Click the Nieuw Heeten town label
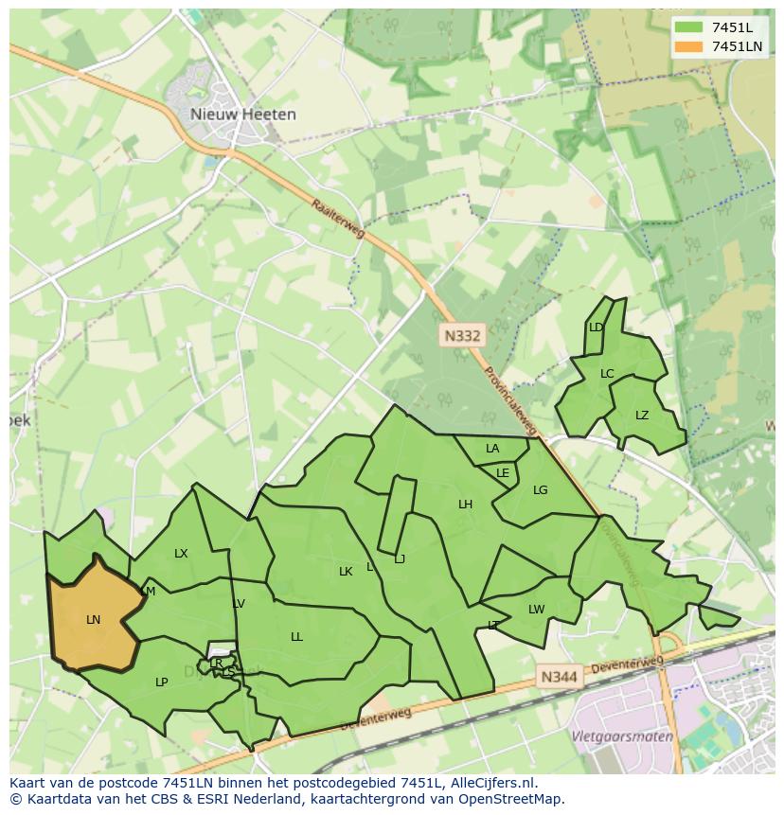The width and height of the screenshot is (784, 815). [242, 115]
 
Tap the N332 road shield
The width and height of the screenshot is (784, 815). [462, 335]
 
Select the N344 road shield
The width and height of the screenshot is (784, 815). [559, 677]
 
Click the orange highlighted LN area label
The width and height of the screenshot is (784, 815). [93, 620]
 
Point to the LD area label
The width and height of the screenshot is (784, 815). [596, 328]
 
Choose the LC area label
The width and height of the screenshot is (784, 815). [607, 373]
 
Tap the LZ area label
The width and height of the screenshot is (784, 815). [642, 416]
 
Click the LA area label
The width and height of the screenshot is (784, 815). [492, 449]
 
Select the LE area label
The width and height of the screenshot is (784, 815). [503, 473]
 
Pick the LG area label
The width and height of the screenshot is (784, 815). [540, 490]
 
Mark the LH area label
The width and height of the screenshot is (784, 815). [465, 505]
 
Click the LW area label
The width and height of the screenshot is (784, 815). [536, 610]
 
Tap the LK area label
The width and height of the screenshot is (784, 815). [346, 572]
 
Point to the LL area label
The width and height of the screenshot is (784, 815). [296, 637]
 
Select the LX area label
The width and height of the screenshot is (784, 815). [181, 554]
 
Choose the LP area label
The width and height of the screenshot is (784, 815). [161, 682]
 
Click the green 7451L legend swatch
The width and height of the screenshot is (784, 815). [689, 27]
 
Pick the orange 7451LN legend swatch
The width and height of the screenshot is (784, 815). [689, 46]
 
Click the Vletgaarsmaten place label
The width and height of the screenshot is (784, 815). [621, 735]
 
